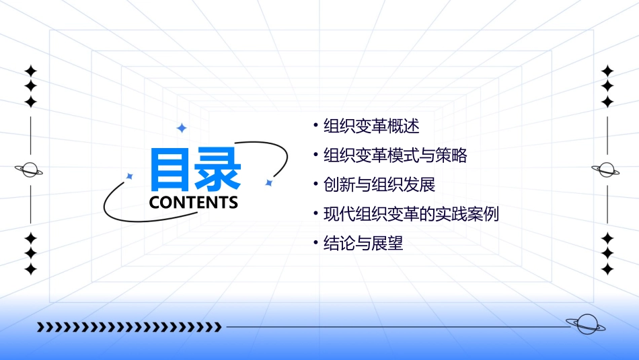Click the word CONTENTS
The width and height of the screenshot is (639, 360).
194,203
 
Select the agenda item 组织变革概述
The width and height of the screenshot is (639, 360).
371,127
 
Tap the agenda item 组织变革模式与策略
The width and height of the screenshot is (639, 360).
395,156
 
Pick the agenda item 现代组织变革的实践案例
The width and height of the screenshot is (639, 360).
411,215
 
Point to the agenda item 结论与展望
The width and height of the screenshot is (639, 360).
363,244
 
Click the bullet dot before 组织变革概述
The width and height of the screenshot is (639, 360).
315,125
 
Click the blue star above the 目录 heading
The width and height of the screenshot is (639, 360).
181,128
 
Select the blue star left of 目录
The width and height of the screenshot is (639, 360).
130,176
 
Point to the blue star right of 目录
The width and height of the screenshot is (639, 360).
268,182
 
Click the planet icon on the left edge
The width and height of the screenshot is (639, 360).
30,170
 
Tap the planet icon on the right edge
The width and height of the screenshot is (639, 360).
607,170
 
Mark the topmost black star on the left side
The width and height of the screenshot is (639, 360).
30,71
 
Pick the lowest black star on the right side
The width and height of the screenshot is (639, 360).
607,269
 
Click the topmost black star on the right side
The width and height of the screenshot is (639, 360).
607,71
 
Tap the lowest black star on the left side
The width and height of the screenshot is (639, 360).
30,269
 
